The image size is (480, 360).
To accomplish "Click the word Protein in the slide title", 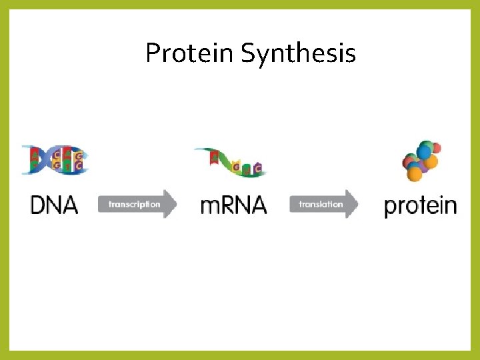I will pos(190,53).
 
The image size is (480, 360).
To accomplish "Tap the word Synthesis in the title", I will pos(298,53).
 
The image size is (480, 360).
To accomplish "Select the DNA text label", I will pos(54,205).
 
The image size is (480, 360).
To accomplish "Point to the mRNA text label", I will pos(233,205).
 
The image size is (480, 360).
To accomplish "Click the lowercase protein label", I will pos(420,205).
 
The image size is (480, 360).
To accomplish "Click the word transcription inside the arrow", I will pos(134,204).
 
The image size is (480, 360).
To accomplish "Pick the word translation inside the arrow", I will pos(321,204).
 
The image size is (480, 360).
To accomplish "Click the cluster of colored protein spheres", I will pos(421,160).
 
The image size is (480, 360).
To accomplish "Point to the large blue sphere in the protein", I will pos(425,151).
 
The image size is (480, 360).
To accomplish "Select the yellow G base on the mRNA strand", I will pos(235,166).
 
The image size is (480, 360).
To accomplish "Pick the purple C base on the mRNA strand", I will pos(257,167).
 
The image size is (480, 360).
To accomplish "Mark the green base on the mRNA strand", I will pos(247,168).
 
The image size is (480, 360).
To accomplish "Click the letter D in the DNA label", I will pos(38,205).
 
